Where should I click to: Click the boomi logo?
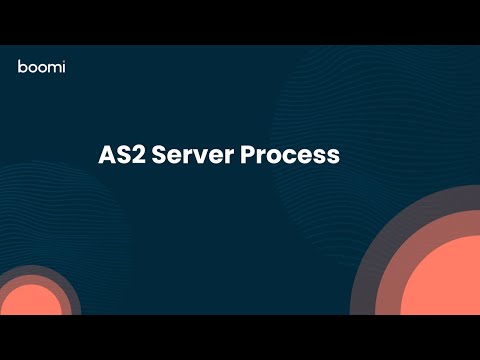pos(41,67)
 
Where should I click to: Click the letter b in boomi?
pos(22,67)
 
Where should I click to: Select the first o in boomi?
pos(32,68)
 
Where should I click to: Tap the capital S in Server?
pos(159,157)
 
